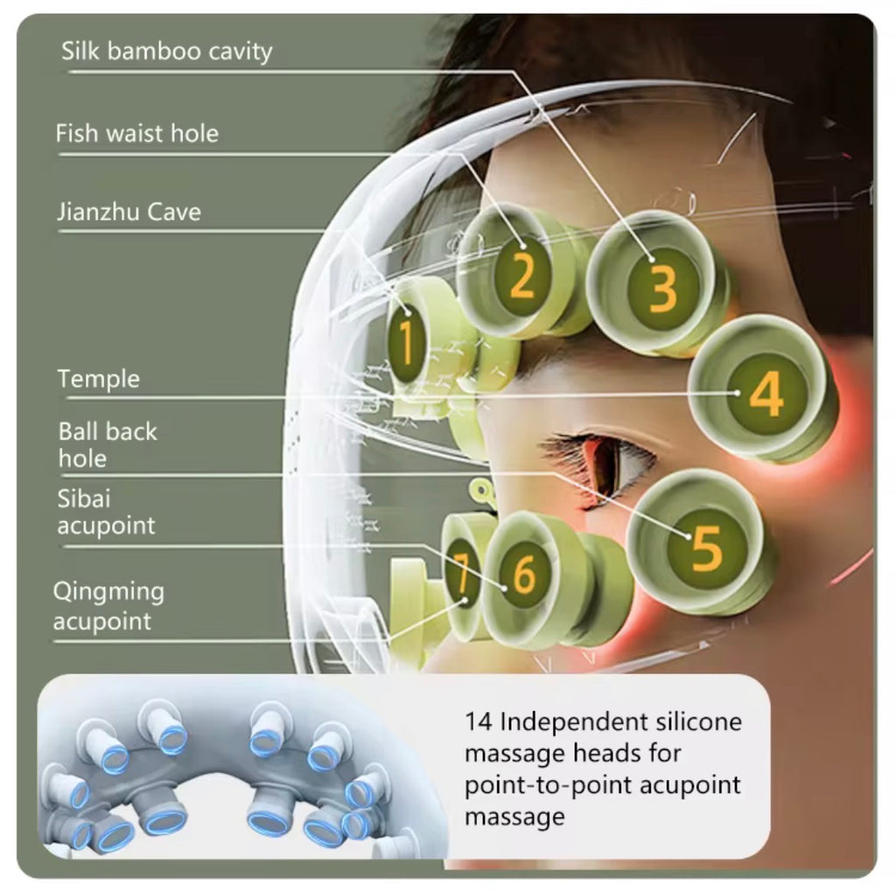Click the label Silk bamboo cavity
click(x=166, y=52)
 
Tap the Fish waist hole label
click(x=136, y=134)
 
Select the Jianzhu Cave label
click(x=129, y=212)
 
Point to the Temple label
click(x=98, y=379)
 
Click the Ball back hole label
click(x=107, y=445)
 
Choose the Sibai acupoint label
click(x=106, y=512)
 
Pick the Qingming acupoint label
click(x=108, y=606)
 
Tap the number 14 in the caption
click(x=479, y=722)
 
